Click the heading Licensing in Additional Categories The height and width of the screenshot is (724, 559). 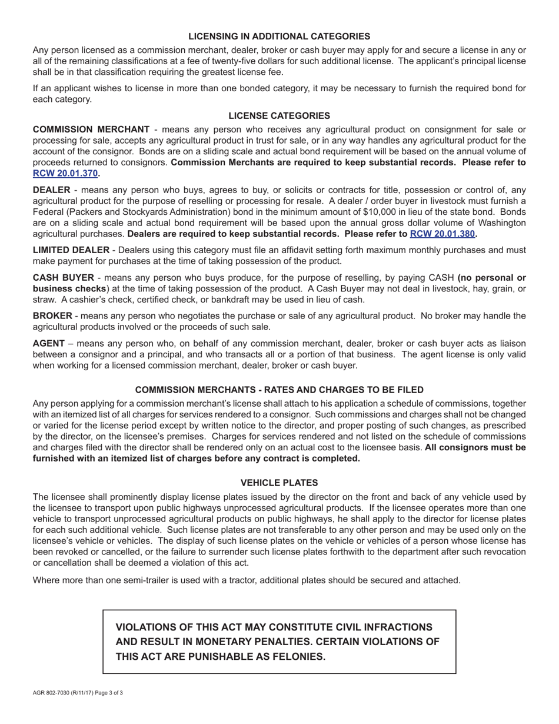point(279,36)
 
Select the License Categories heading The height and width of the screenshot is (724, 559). point(279,115)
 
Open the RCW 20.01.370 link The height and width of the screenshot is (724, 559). point(65,173)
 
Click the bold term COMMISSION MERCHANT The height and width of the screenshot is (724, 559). point(91,129)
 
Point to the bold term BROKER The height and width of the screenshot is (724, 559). point(52,316)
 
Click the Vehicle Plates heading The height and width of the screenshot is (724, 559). point(279,482)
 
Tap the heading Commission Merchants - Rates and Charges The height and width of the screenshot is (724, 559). point(279,390)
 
